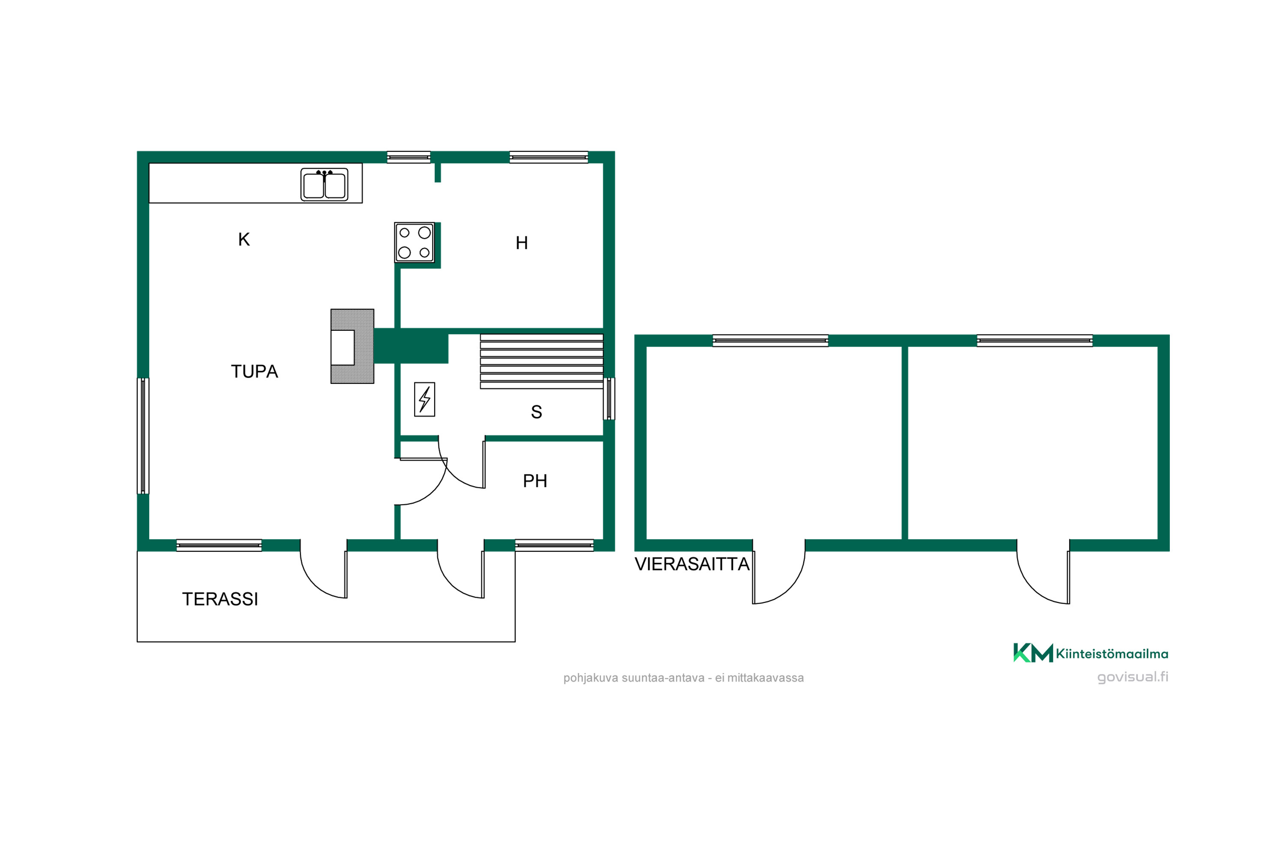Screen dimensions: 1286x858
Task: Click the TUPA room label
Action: tap(254, 372)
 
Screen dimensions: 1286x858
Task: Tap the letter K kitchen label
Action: tap(244, 240)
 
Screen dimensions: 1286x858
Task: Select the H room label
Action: tap(522, 243)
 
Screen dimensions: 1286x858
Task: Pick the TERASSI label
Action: tap(220, 599)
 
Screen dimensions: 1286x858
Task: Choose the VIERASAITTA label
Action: tap(692, 564)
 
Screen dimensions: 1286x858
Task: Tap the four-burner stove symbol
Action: tap(415, 242)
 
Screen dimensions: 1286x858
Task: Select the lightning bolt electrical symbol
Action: tap(424, 399)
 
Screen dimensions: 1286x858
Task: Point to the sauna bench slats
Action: tap(541, 361)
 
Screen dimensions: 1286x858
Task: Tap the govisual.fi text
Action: tap(1133, 677)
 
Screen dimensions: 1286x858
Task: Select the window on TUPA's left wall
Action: tap(143, 436)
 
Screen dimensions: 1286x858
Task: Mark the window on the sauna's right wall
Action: tap(609, 399)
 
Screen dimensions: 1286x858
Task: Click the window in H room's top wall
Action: tap(549, 157)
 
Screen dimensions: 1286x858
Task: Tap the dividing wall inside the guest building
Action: tap(904, 443)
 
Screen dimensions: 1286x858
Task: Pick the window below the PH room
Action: tap(554, 546)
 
